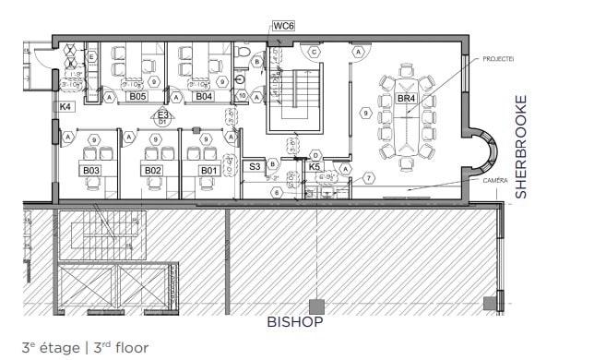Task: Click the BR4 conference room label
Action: pyautogui.click(x=406, y=98)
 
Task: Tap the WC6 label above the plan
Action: pyautogui.click(x=282, y=27)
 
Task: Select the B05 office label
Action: pyautogui.click(x=137, y=96)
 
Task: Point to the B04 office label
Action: pyautogui.click(x=204, y=96)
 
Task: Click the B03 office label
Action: pyautogui.click(x=90, y=171)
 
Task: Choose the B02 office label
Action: pyautogui.click(x=152, y=171)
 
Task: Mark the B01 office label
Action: pyautogui.click(x=209, y=171)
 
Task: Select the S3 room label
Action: pyautogui.click(x=255, y=167)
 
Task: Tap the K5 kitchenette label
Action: pyautogui.click(x=315, y=167)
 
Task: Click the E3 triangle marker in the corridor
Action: pyautogui.click(x=162, y=115)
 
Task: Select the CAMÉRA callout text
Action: pyautogui.click(x=494, y=181)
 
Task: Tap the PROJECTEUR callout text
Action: pyautogui.click(x=498, y=58)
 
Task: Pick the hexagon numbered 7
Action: pyautogui.click(x=368, y=177)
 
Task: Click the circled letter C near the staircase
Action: pyautogui.click(x=315, y=53)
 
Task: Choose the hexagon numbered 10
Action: pyautogui.click(x=242, y=95)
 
